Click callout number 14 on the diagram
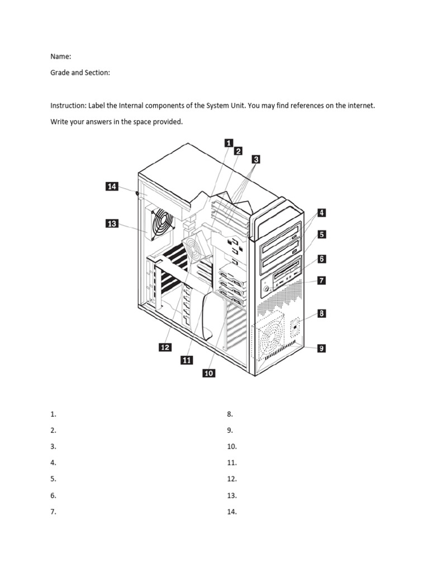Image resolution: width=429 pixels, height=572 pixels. [x=112, y=187]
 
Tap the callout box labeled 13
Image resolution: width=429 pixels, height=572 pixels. [x=112, y=224]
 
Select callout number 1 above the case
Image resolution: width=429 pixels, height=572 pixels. [x=228, y=143]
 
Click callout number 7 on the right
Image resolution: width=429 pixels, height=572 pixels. [x=321, y=280]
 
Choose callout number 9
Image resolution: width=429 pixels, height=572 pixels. [x=321, y=348]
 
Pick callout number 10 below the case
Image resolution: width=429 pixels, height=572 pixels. [x=208, y=373]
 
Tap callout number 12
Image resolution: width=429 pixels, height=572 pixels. [x=165, y=347]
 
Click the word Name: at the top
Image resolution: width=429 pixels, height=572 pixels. [x=60, y=56]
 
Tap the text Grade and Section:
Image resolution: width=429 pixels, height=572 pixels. [x=80, y=73]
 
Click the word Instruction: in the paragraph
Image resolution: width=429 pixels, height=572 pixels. [x=68, y=106]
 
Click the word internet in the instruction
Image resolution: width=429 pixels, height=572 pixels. [x=361, y=106]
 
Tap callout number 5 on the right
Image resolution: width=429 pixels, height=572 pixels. [x=322, y=235]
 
